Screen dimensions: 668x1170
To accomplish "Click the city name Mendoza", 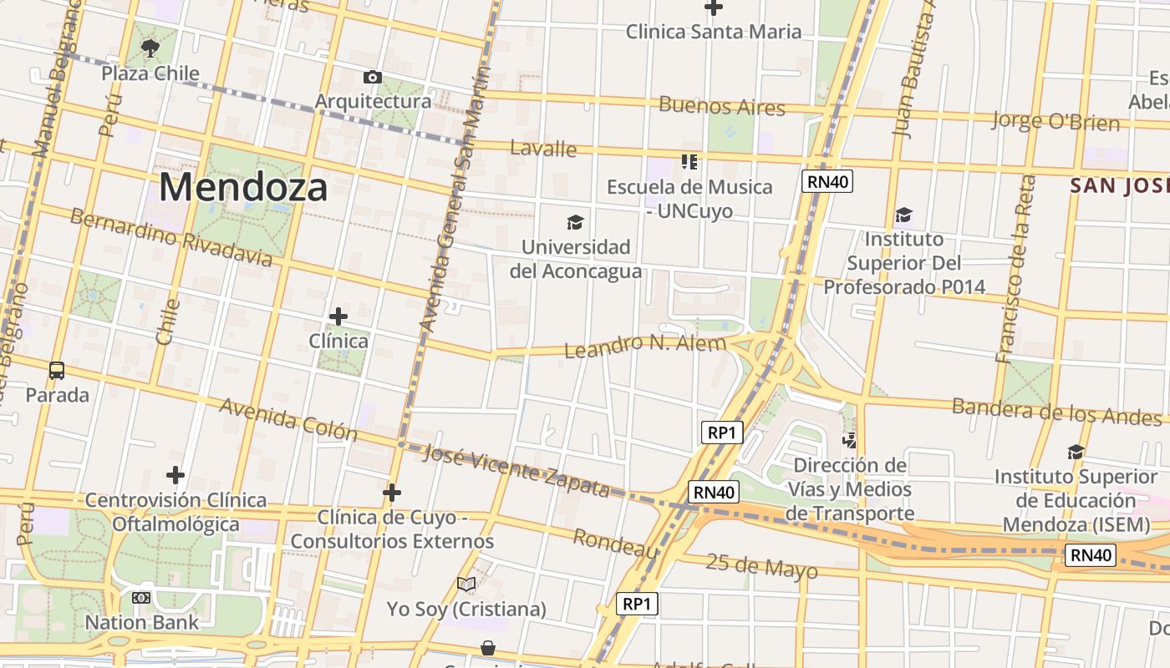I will (243, 187).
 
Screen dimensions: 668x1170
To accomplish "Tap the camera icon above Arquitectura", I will (373, 78).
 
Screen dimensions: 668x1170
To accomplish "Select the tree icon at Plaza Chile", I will (150, 48).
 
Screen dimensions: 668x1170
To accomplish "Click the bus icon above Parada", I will (57, 370).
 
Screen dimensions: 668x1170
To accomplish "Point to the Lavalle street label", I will (543, 149).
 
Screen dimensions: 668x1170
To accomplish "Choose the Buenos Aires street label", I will (722, 106).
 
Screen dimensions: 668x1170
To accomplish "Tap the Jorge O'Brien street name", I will (1056, 121).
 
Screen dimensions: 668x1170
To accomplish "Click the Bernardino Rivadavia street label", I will (171, 238).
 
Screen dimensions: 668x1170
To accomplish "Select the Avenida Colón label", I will (288, 419).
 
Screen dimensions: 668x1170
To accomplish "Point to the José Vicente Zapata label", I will (516, 471).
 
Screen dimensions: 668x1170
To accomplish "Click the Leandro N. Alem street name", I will (645, 345).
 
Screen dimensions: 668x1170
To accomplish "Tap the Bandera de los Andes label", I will (1056, 410).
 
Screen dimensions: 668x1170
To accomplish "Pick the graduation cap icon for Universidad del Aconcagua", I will (575, 222).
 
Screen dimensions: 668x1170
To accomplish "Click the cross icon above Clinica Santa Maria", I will (714, 8).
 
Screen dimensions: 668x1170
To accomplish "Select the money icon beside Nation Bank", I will (141, 598).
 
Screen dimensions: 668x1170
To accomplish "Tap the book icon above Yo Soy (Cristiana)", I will (466, 584).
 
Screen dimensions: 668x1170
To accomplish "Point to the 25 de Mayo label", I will (761, 565).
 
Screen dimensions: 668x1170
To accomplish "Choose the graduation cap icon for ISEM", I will (1076, 453).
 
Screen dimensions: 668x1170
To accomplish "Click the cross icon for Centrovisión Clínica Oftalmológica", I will (175, 475).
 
